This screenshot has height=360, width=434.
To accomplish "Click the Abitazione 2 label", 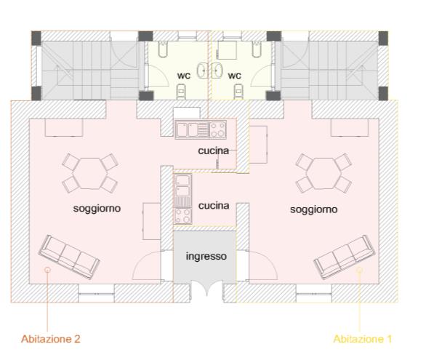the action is pyautogui.click(x=51, y=339).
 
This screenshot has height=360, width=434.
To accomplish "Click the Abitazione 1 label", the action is pyautogui.click(x=363, y=339).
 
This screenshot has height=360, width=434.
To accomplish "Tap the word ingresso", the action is pyautogui.click(x=206, y=256).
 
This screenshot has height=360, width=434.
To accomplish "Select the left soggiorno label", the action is pyautogui.click(x=97, y=208).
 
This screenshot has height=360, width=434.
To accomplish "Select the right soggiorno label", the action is pyautogui.click(x=314, y=209).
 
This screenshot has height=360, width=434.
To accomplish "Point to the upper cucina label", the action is pyautogui.click(x=214, y=151).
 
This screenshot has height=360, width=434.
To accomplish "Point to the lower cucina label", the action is pyautogui.click(x=214, y=206).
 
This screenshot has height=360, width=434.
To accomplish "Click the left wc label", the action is pyautogui.click(x=184, y=76).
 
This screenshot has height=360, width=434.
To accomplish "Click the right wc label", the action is pyautogui.click(x=234, y=76).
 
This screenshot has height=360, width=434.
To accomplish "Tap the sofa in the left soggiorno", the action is pyautogui.click(x=69, y=257).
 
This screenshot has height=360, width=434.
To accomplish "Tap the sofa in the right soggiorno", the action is pyautogui.click(x=345, y=257).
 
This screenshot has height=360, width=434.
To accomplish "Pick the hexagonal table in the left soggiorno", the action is pyautogui.click(x=91, y=173).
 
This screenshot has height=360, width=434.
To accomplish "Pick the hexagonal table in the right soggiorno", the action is pyautogui.click(x=324, y=173).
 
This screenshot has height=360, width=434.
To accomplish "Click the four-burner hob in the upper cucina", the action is pyautogui.click(x=217, y=129).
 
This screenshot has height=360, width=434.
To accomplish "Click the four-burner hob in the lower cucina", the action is pyautogui.click(x=182, y=216).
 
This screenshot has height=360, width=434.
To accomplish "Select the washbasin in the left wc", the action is pyautogui.click(x=202, y=71).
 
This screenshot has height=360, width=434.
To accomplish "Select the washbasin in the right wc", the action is pyautogui.click(x=217, y=71).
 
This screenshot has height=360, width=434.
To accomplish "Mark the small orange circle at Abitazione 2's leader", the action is pyautogui.click(x=47, y=269).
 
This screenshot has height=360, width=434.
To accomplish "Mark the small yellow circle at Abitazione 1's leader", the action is pyautogui.click(x=360, y=269).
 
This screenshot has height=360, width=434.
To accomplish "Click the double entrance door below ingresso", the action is pyautogui.click(x=206, y=287).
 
